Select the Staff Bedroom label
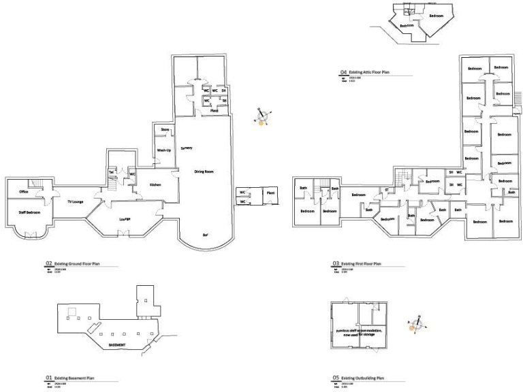[x=28, y=213]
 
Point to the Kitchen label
[x=155, y=184]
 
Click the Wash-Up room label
[x=163, y=150]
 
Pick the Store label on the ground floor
[x=165, y=129]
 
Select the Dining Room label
[x=204, y=171]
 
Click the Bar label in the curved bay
[x=204, y=235]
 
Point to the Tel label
[x=110, y=173]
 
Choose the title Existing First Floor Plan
[x=361, y=263]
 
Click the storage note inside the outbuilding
[x=358, y=332]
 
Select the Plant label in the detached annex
[x=270, y=193]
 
